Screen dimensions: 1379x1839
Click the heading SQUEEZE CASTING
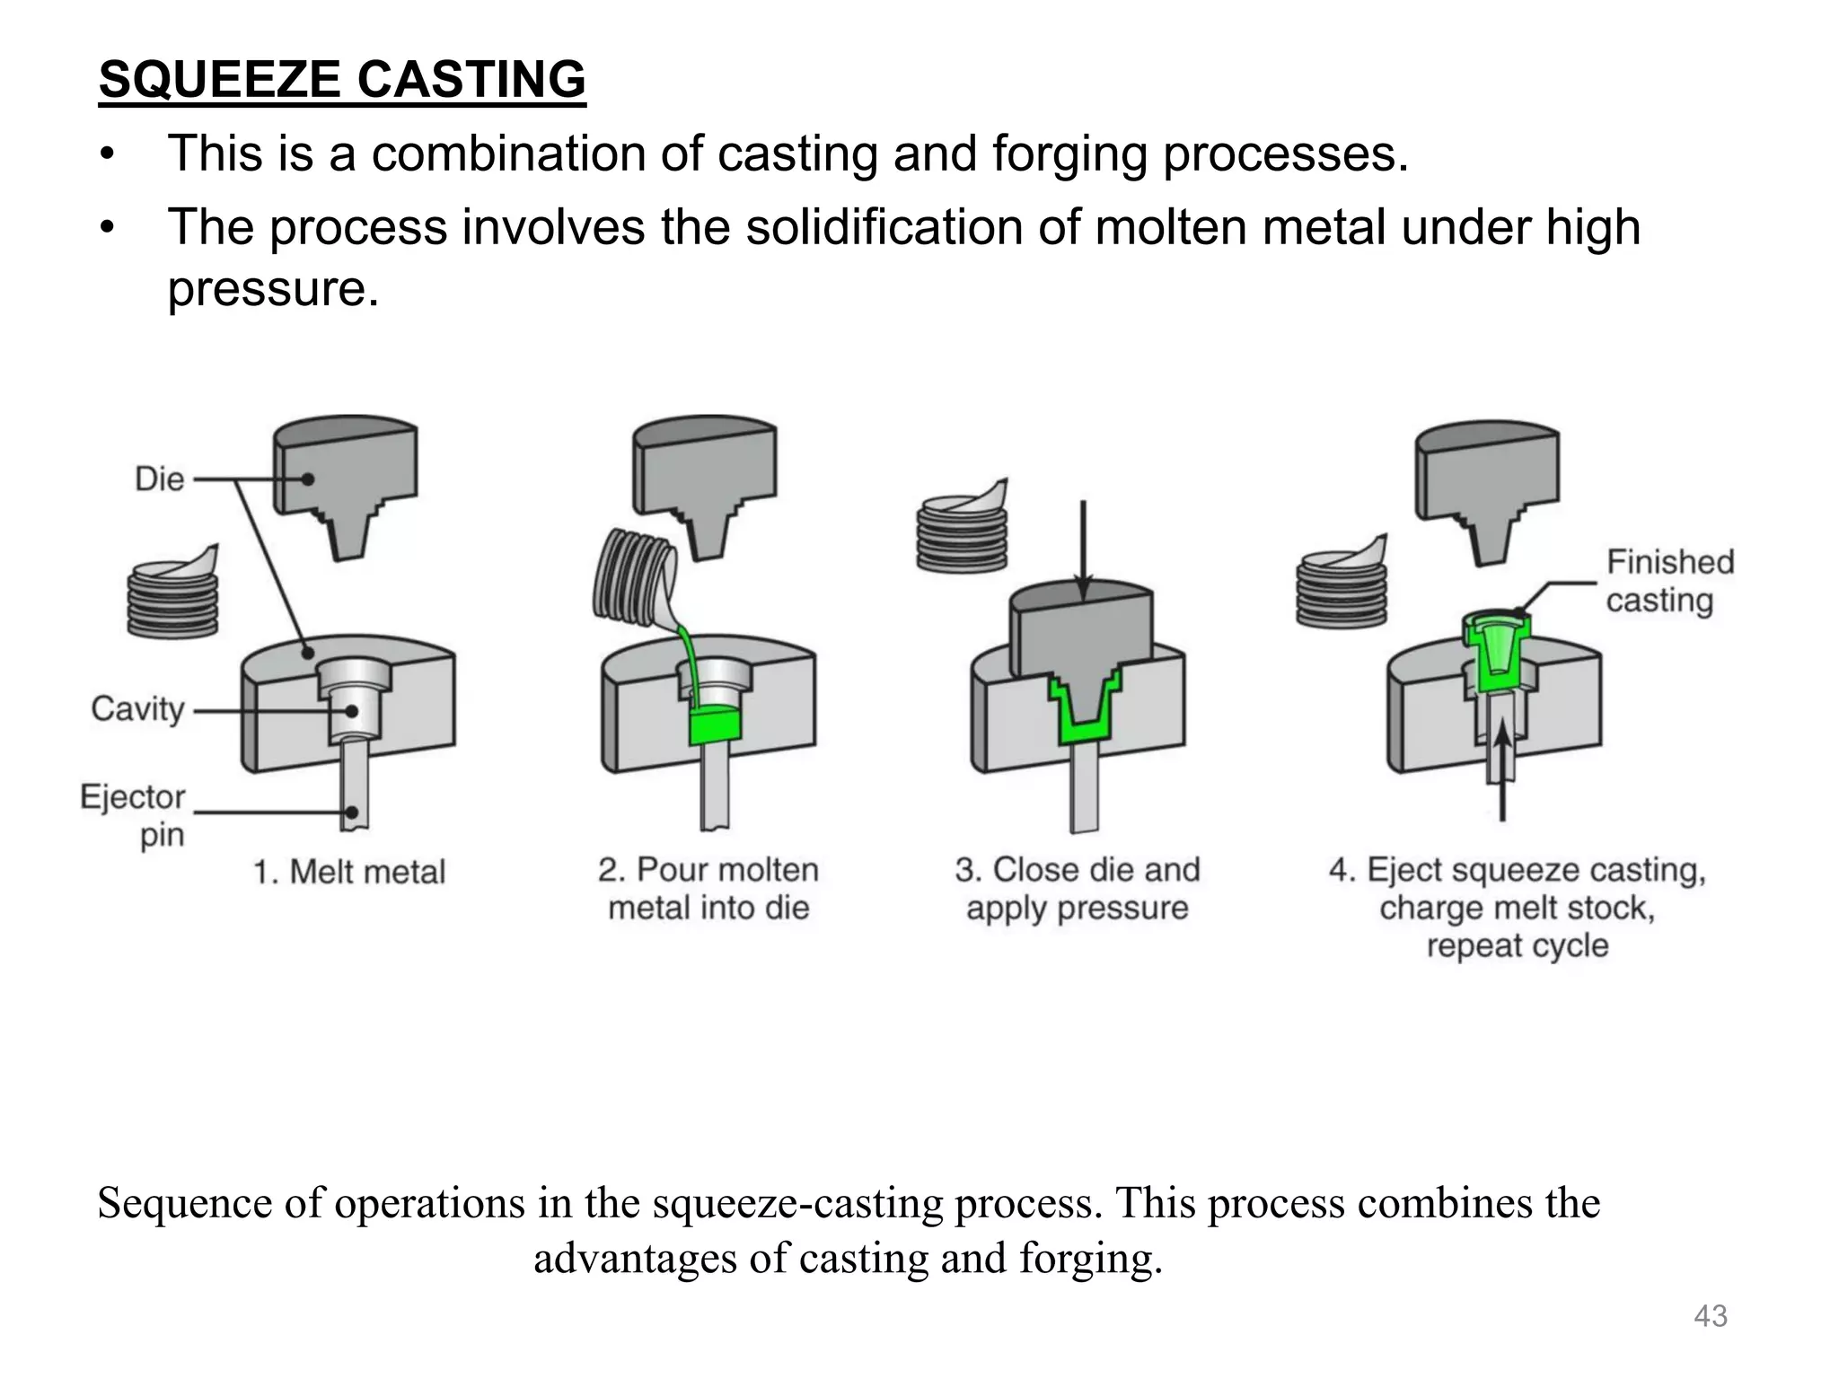[342, 79]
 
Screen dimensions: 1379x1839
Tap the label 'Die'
[159, 479]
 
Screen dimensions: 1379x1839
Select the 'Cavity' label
[137, 709]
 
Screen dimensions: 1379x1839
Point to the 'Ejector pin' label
[134, 815]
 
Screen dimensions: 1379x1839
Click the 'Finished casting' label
[1669, 581]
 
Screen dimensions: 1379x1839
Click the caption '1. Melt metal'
[349, 872]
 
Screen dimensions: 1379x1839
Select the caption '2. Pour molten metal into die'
[708, 888]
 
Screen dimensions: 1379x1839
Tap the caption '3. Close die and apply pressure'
[1077, 888]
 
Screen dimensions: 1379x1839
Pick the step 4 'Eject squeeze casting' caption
[1517, 907]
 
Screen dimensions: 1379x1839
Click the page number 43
[1710, 1316]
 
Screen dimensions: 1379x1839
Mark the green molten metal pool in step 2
[712, 725]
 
